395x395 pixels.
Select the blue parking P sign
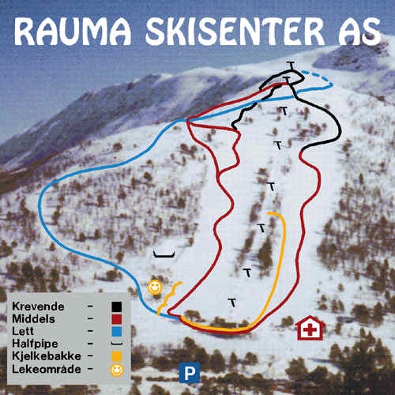(x=188, y=371)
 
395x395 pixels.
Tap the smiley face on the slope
(x=155, y=286)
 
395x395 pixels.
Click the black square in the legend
(x=117, y=307)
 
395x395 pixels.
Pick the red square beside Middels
(x=117, y=319)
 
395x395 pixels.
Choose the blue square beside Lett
(x=117, y=331)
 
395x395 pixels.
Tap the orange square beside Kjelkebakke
(x=117, y=356)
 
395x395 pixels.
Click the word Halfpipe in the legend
(x=38, y=344)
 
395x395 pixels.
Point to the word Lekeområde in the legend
(x=45, y=369)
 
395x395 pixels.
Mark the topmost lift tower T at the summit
(x=291, y=64)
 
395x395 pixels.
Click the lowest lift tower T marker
(x=232, y=301)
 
